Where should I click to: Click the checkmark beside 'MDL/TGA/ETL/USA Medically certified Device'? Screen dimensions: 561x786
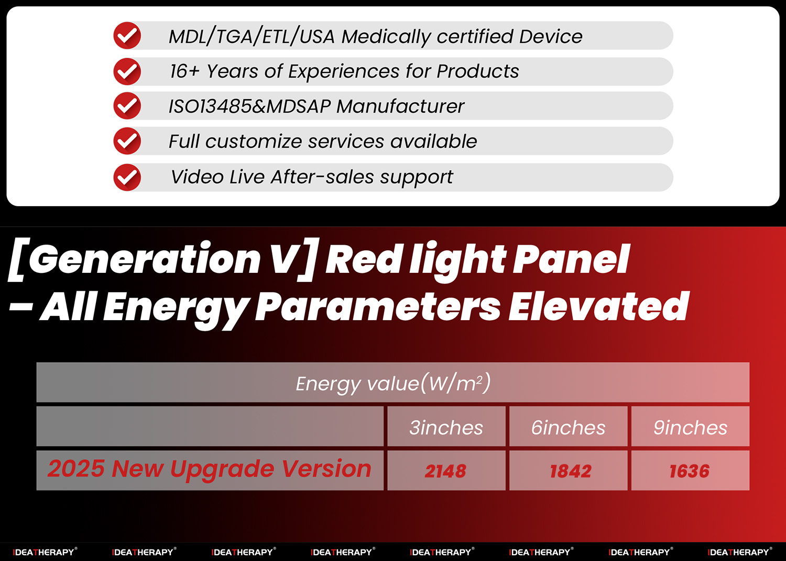(x=127, y=36)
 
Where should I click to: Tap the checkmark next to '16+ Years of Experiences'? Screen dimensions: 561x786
(x=127, y=71)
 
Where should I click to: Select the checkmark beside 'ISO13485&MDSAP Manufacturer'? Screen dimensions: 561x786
(x=127, y=106)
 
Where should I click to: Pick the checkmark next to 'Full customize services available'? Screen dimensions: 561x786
(x=127, y=141)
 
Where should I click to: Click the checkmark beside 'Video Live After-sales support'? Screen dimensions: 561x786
(x=127, y=177)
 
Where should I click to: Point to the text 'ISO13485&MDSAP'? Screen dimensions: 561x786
(x=249, y=107)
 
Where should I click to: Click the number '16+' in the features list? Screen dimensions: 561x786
(x=184, y=71)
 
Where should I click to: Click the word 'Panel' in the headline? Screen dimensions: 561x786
(x=571, y=259)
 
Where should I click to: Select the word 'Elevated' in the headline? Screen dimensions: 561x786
(x=598, y=307)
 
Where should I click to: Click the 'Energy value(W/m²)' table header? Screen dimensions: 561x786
(x=392, y=383)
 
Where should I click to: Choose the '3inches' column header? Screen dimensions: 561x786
(x=446, y=428)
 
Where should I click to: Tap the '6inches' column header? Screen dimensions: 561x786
(x=568, y=428)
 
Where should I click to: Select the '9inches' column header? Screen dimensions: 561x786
(x=690, y=428)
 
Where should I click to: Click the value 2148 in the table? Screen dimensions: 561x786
(x=445, y=471)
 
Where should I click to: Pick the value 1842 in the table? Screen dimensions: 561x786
(x=570, y=471)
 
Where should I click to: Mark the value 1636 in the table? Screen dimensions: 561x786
(x=690, y=471)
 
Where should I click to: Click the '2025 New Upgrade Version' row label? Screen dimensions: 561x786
(x=210, y=469)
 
